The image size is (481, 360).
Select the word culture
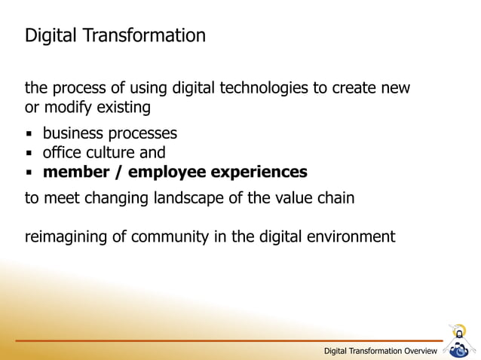click(x=109, y=153)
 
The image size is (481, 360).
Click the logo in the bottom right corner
click(x=458, y=341)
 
